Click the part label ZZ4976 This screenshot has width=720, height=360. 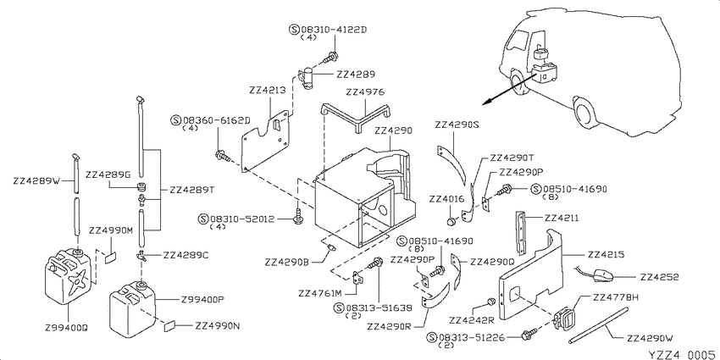[366, 92]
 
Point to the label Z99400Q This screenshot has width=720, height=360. [66, 328]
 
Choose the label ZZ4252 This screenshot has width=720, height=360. [659, 277]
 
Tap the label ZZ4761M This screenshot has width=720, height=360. [320, 293]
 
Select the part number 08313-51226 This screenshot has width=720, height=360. [472, 338]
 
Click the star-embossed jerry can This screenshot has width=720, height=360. [68, 277]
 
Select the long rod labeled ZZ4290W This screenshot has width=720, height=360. [598, 326]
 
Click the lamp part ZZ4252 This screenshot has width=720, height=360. [598, 275]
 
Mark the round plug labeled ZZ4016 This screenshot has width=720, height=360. [451, 223]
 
